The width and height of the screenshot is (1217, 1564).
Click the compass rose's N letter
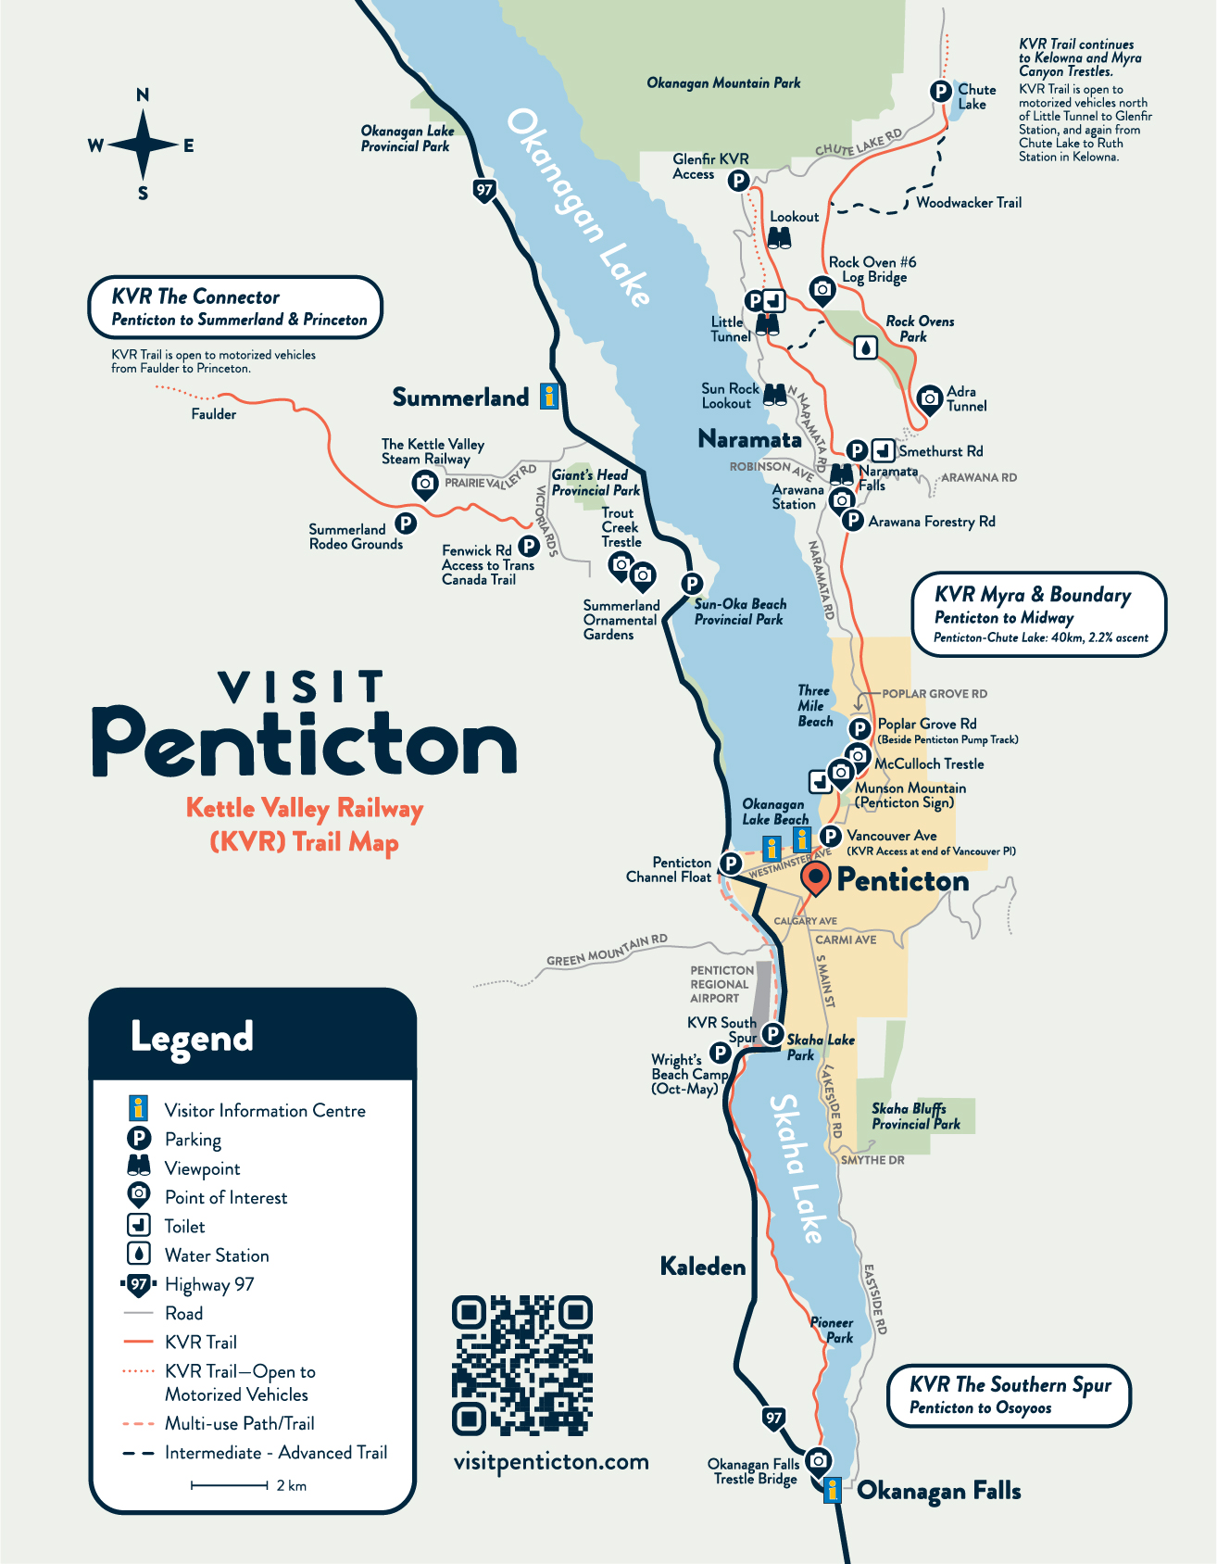143,95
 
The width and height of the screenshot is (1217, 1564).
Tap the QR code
522,1366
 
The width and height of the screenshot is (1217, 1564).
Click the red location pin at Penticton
815,877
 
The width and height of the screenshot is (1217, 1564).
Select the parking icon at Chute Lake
940,91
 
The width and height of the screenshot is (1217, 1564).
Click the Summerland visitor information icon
549,397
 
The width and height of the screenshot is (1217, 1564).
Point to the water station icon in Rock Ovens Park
865,347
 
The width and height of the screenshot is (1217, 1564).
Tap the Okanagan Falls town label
938,1491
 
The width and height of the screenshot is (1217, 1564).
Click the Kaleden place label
702,1267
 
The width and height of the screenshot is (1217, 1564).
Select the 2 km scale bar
230,1485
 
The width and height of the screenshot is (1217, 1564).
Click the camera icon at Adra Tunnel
929,398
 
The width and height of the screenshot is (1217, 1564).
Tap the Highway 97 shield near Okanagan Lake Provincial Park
484,191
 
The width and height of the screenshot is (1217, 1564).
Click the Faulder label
213,414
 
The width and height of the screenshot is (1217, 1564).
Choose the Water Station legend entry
216,1255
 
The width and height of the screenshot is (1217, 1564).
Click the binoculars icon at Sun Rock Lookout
775,395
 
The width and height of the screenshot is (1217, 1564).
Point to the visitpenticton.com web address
551,1462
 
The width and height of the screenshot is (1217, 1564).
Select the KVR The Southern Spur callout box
1010,1395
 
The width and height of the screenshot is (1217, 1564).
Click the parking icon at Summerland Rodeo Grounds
405,523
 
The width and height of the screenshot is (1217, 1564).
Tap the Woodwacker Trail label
969,203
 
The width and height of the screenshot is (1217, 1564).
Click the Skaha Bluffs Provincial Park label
915,1116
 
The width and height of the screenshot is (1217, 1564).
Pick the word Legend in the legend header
192,1037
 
